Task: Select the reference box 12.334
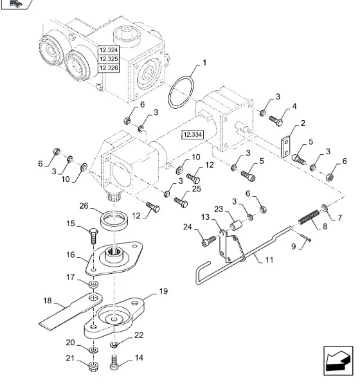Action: [x=192, y=134]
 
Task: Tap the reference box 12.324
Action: [x=109, y=50]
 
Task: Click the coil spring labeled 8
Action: [x=309, y=217]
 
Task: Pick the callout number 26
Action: [x=84, y=206]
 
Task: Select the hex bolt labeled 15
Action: [x=93, y=235]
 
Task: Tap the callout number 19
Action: [x=163, y=291]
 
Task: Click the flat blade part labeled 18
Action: [x=71, y=310]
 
